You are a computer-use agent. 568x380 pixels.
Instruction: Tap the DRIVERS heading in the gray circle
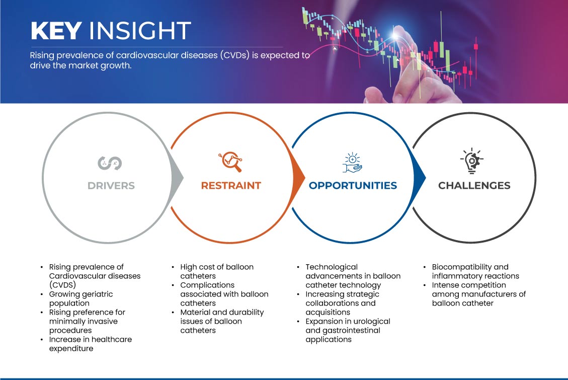[111, 186]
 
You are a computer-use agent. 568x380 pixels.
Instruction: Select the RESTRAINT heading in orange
[231, 186]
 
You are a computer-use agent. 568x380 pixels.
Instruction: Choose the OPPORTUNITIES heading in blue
[353, 186]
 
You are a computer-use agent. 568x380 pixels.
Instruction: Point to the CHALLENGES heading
[474, 186]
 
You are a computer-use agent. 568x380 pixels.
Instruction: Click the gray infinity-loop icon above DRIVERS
[110, 163]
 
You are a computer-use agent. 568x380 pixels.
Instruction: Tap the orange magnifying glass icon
[230, 162]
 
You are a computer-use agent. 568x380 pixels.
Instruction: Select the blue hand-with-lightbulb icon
[353, 163]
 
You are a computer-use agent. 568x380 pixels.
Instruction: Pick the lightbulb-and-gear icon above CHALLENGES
[472, 161]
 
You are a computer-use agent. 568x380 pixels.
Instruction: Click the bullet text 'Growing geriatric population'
[81, 298]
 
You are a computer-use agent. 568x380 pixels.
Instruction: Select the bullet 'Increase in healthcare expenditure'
[91, 344]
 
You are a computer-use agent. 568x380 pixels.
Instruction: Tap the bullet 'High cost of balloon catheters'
[217, 271]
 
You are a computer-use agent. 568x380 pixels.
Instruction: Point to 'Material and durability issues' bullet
[222, 321]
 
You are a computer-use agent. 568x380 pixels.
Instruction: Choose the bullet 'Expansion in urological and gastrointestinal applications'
[348, 330]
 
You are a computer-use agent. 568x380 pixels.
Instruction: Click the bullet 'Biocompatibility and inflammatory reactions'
[475, 271]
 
